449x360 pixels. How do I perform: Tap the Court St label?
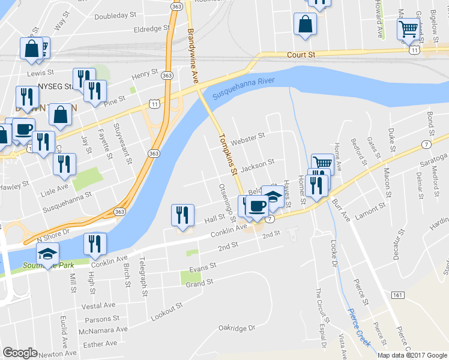click(301, 55)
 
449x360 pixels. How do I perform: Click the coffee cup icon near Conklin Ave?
click(257, 206)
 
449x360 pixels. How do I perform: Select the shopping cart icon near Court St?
click(408, 28)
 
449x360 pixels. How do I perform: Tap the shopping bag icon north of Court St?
click(305, 24)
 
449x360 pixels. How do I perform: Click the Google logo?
click(20, 353)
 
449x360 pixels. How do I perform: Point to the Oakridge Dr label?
click(237, 328)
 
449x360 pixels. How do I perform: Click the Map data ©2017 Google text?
click(412, 355)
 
